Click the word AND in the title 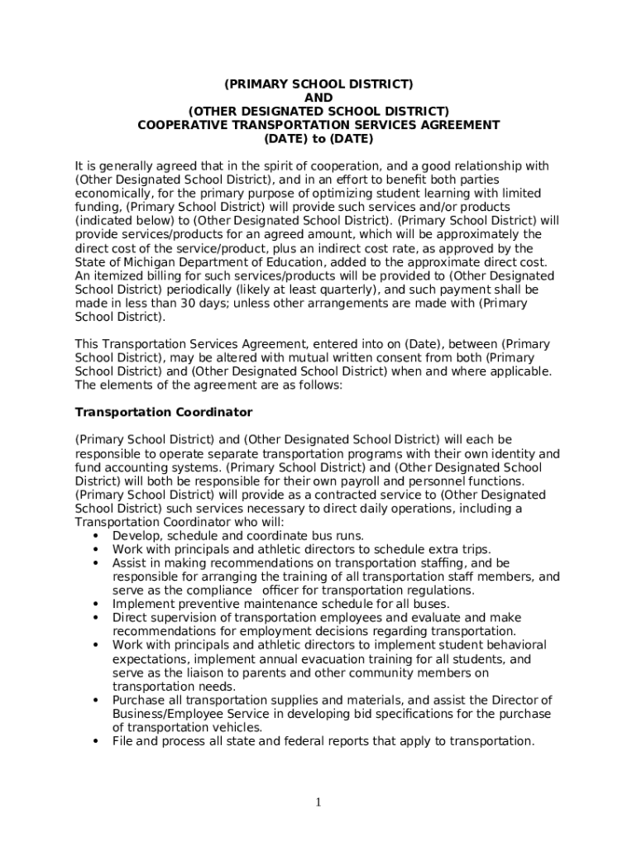coord(318,98)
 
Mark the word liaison coord(187,672)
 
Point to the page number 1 coord(318,803)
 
